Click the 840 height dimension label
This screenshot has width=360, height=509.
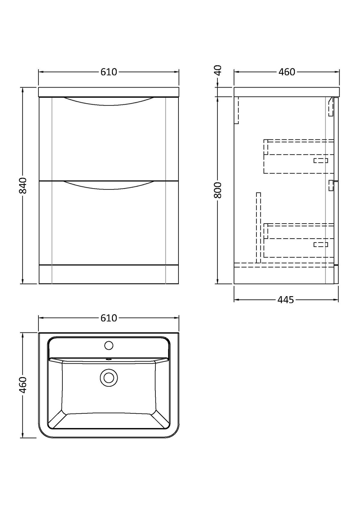point(23,186)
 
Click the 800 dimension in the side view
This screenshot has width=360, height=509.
point(218,190)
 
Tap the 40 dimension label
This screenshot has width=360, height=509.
point(218,70)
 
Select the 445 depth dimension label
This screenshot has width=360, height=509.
point(286,300)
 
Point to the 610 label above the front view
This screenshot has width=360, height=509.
point(109,72)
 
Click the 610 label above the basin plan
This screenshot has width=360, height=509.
point(109,318)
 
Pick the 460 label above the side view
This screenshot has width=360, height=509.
point(287,72)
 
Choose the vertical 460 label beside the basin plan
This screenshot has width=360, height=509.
point(23,385)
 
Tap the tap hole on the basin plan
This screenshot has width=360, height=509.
point(109,346)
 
